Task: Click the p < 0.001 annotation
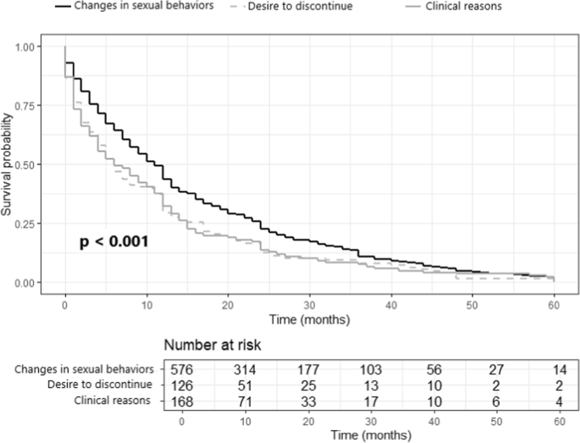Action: coord(113,242)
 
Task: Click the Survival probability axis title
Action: coord(8,164)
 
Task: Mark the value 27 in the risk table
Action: coord(495,369)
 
